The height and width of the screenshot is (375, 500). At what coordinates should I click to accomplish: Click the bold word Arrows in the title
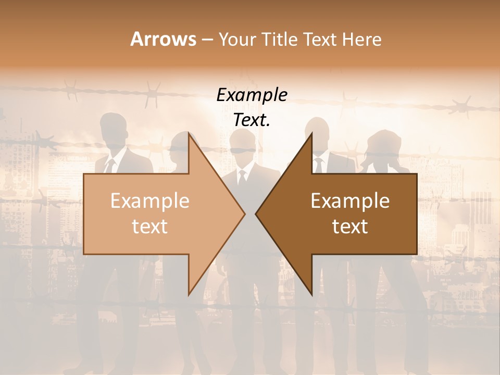pos(163,39)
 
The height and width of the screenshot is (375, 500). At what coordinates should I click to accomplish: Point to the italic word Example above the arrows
pos(252,95)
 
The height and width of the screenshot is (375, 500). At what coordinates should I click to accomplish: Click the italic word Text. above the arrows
pos(252,120)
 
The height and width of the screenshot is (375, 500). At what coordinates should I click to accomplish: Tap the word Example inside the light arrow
pos(150,201)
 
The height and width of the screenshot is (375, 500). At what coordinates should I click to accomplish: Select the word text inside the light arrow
pos(150,227)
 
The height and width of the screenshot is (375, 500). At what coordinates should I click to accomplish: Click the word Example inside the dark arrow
pos(350,201)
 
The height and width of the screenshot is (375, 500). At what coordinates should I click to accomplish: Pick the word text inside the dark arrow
pos(350,227)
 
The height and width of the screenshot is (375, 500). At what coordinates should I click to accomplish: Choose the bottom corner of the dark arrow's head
pos(311,295)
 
